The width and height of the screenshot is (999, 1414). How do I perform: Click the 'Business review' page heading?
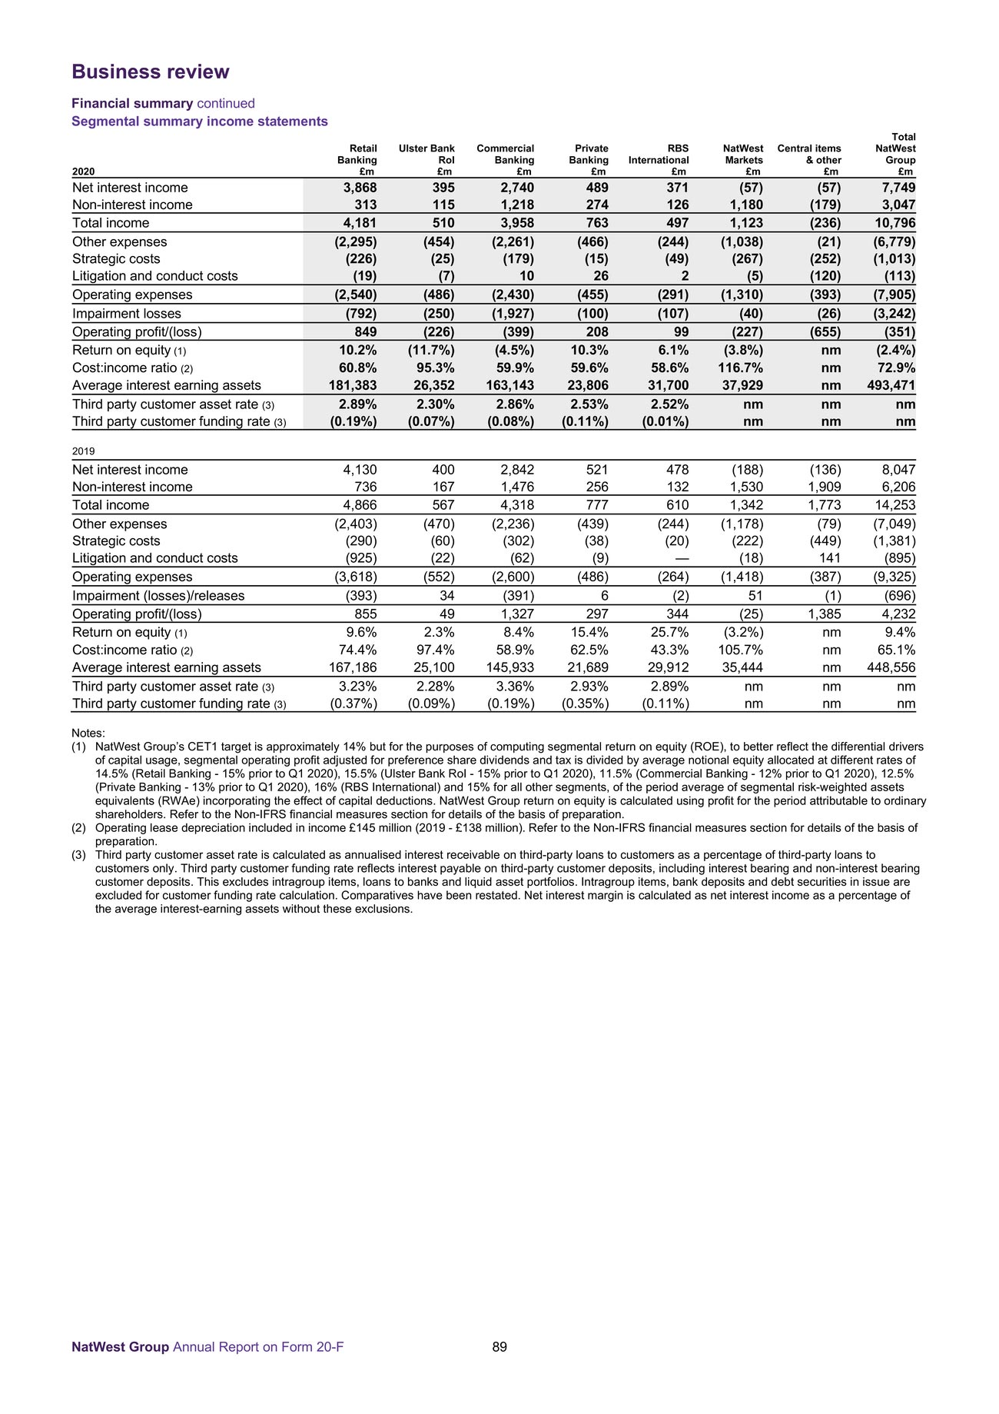click(x=151, y=72)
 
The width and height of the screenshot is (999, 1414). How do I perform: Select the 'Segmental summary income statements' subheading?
click(x=200, y=121)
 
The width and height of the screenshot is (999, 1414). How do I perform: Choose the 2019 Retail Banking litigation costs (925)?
click(x=357, y=558)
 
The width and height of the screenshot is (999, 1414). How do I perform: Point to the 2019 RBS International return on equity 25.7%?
click(x=669, y=633)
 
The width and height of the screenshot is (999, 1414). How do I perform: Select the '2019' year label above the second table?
click(x=83, y=451)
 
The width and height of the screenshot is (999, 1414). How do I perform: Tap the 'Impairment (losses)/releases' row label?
click(x=158, y=596)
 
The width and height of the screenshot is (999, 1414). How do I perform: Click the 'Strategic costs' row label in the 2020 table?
click(x=116, y=259)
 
